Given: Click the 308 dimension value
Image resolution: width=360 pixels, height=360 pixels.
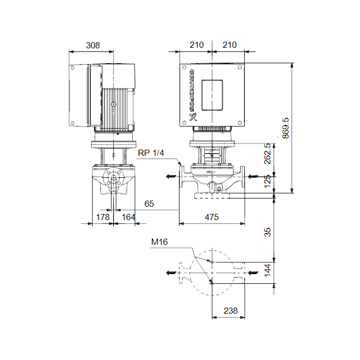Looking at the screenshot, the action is [93, 45].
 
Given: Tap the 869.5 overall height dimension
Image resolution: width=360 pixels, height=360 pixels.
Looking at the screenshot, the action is [285, 128].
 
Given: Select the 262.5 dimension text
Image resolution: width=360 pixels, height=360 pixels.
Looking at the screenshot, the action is [267, 154].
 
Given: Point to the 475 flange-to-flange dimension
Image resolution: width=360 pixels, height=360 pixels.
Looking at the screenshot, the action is [211, 217].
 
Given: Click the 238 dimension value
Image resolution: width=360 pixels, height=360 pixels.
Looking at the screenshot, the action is [230, 311].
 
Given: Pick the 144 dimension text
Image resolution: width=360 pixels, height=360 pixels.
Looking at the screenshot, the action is [267, 270].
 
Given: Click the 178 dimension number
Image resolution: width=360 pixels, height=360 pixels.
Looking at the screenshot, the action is [103, 217].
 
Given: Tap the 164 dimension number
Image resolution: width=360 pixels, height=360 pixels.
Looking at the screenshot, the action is [129, 217].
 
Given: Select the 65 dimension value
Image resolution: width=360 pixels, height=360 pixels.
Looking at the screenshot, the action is [149, 204].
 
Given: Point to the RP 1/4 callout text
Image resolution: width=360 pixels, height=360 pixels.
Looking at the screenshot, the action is [151, 153].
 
